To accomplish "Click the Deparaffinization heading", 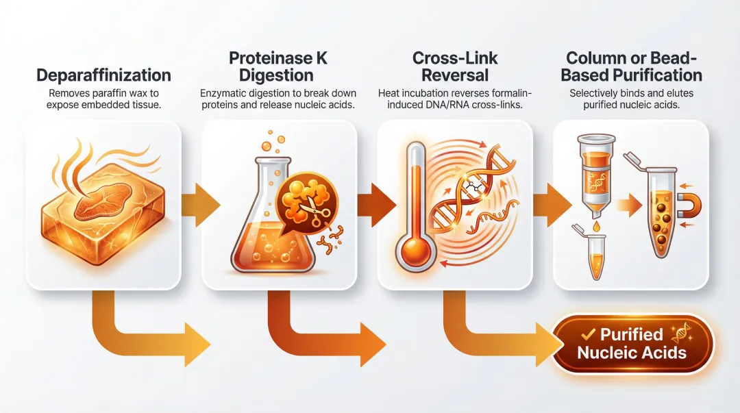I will [103, 75].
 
